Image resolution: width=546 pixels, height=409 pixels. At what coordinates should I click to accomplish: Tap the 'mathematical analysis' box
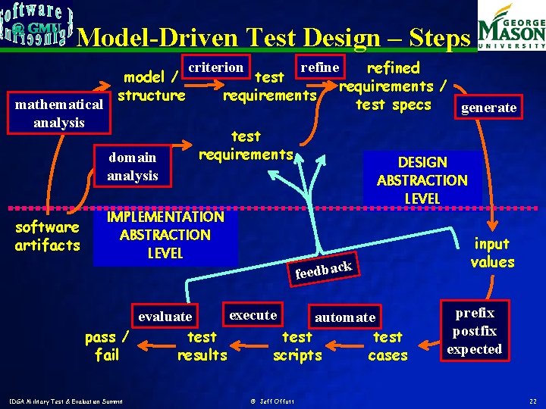[x=59, y=112]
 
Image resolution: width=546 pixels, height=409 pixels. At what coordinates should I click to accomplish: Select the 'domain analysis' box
[x=133, y=167]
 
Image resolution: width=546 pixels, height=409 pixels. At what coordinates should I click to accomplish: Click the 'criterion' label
[x=216, y=67]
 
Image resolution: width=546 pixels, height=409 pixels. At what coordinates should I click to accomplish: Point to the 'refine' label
[x=319, y=67]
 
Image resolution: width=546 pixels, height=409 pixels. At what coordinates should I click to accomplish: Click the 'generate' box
[x=489, y=108]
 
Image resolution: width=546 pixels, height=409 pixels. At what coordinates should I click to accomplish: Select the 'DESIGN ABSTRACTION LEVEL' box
[x=422, y=180]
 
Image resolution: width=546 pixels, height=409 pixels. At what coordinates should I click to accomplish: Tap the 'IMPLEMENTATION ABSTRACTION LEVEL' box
[x=165, y=235]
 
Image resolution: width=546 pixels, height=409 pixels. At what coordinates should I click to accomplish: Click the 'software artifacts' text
[x=47, y=236]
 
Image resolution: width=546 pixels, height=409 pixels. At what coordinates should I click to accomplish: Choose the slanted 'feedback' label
[x=323, y=269]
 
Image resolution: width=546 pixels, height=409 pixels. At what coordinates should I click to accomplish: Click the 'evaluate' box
[x=165, y=316]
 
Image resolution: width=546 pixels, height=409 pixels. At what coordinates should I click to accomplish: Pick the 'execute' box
[x=253, y=315]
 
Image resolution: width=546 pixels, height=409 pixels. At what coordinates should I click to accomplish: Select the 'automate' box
[x=345, y=317]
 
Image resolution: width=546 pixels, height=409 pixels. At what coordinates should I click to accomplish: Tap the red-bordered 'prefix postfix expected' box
[x=475, y=331]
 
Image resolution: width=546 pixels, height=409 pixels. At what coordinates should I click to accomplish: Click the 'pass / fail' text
[x=106, y=346]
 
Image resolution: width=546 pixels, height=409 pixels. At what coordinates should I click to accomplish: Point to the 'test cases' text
[x=388, y=346]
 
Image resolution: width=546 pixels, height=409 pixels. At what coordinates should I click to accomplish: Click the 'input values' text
[x=492, y=253]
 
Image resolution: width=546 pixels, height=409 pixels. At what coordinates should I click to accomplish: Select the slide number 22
[x=533, y=400]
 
